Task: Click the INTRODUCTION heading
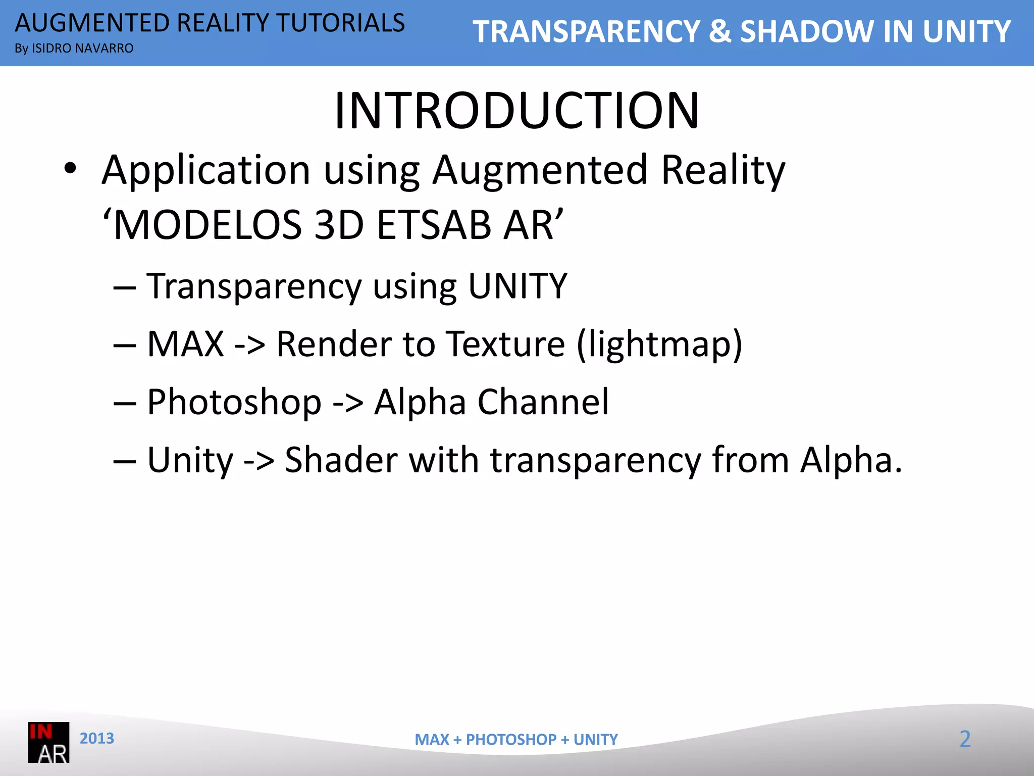point(516,111)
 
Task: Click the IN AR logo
point(48,742)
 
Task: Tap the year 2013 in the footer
point(97,739)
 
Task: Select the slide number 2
point(965,739)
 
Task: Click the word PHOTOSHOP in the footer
point(510,740)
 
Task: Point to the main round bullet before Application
point(70,170)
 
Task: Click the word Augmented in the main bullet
point(540,170)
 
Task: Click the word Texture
point(506,345)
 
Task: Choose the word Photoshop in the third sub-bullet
point(234,403)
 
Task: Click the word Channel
point(543,403)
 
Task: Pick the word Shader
point(341,460)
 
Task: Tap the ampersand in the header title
point(719,32)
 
